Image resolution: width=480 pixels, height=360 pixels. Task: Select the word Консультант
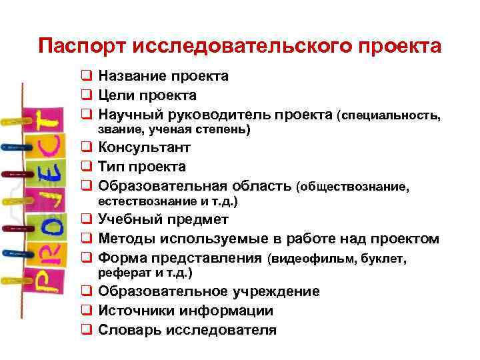coord(145,147)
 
